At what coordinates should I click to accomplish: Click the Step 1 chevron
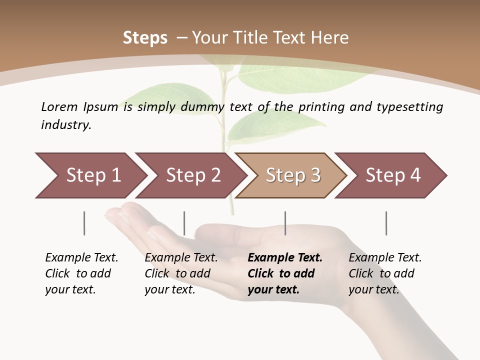click(x=90, y=175)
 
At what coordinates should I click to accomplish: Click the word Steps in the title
click(x=145, y=38)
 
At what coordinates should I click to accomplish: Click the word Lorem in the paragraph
click(x=59, y=106)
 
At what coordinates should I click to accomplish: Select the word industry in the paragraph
click(x=66, y=125)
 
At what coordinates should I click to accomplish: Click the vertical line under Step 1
click(x=84, y=223)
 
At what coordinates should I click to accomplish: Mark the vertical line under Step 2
click(x=184, y=223)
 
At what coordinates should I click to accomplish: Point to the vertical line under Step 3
click(x=285, y=223)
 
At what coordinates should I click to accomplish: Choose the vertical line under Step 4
click(x=386, y=223)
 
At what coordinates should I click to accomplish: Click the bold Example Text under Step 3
click(x=285, y=258)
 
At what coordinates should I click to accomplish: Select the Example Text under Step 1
click(x=81, y=258)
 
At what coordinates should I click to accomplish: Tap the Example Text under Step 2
click(x=181, y=258)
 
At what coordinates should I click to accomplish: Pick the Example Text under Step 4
click(x=385, y=258)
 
